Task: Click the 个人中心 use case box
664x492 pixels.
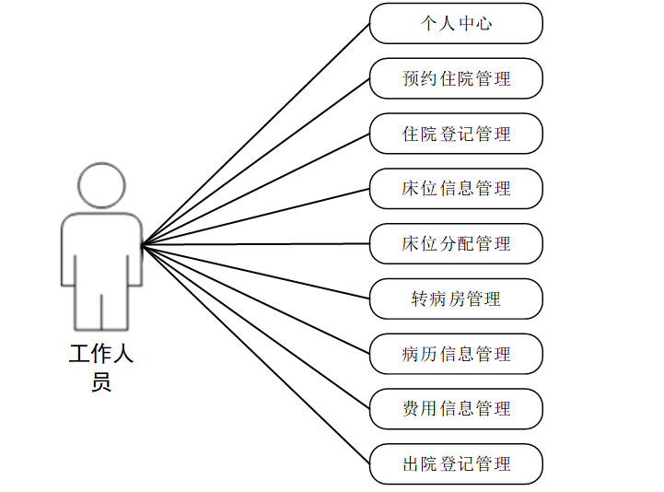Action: (456, 23)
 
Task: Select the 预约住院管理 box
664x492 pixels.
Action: (456, 78)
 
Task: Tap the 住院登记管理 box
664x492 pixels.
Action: (456, 134)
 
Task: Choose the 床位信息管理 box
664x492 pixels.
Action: (456, 189)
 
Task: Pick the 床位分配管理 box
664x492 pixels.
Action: (456, 244)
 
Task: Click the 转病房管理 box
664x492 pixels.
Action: (456, 299)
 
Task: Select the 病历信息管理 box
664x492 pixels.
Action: (456, 355)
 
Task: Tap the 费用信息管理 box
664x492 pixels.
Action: (456, 409)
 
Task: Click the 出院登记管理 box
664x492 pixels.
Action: (456, 464)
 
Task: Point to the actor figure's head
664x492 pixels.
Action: (101, 185)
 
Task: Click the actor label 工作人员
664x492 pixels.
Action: (101, 367)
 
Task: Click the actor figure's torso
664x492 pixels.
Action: (101, 249)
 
